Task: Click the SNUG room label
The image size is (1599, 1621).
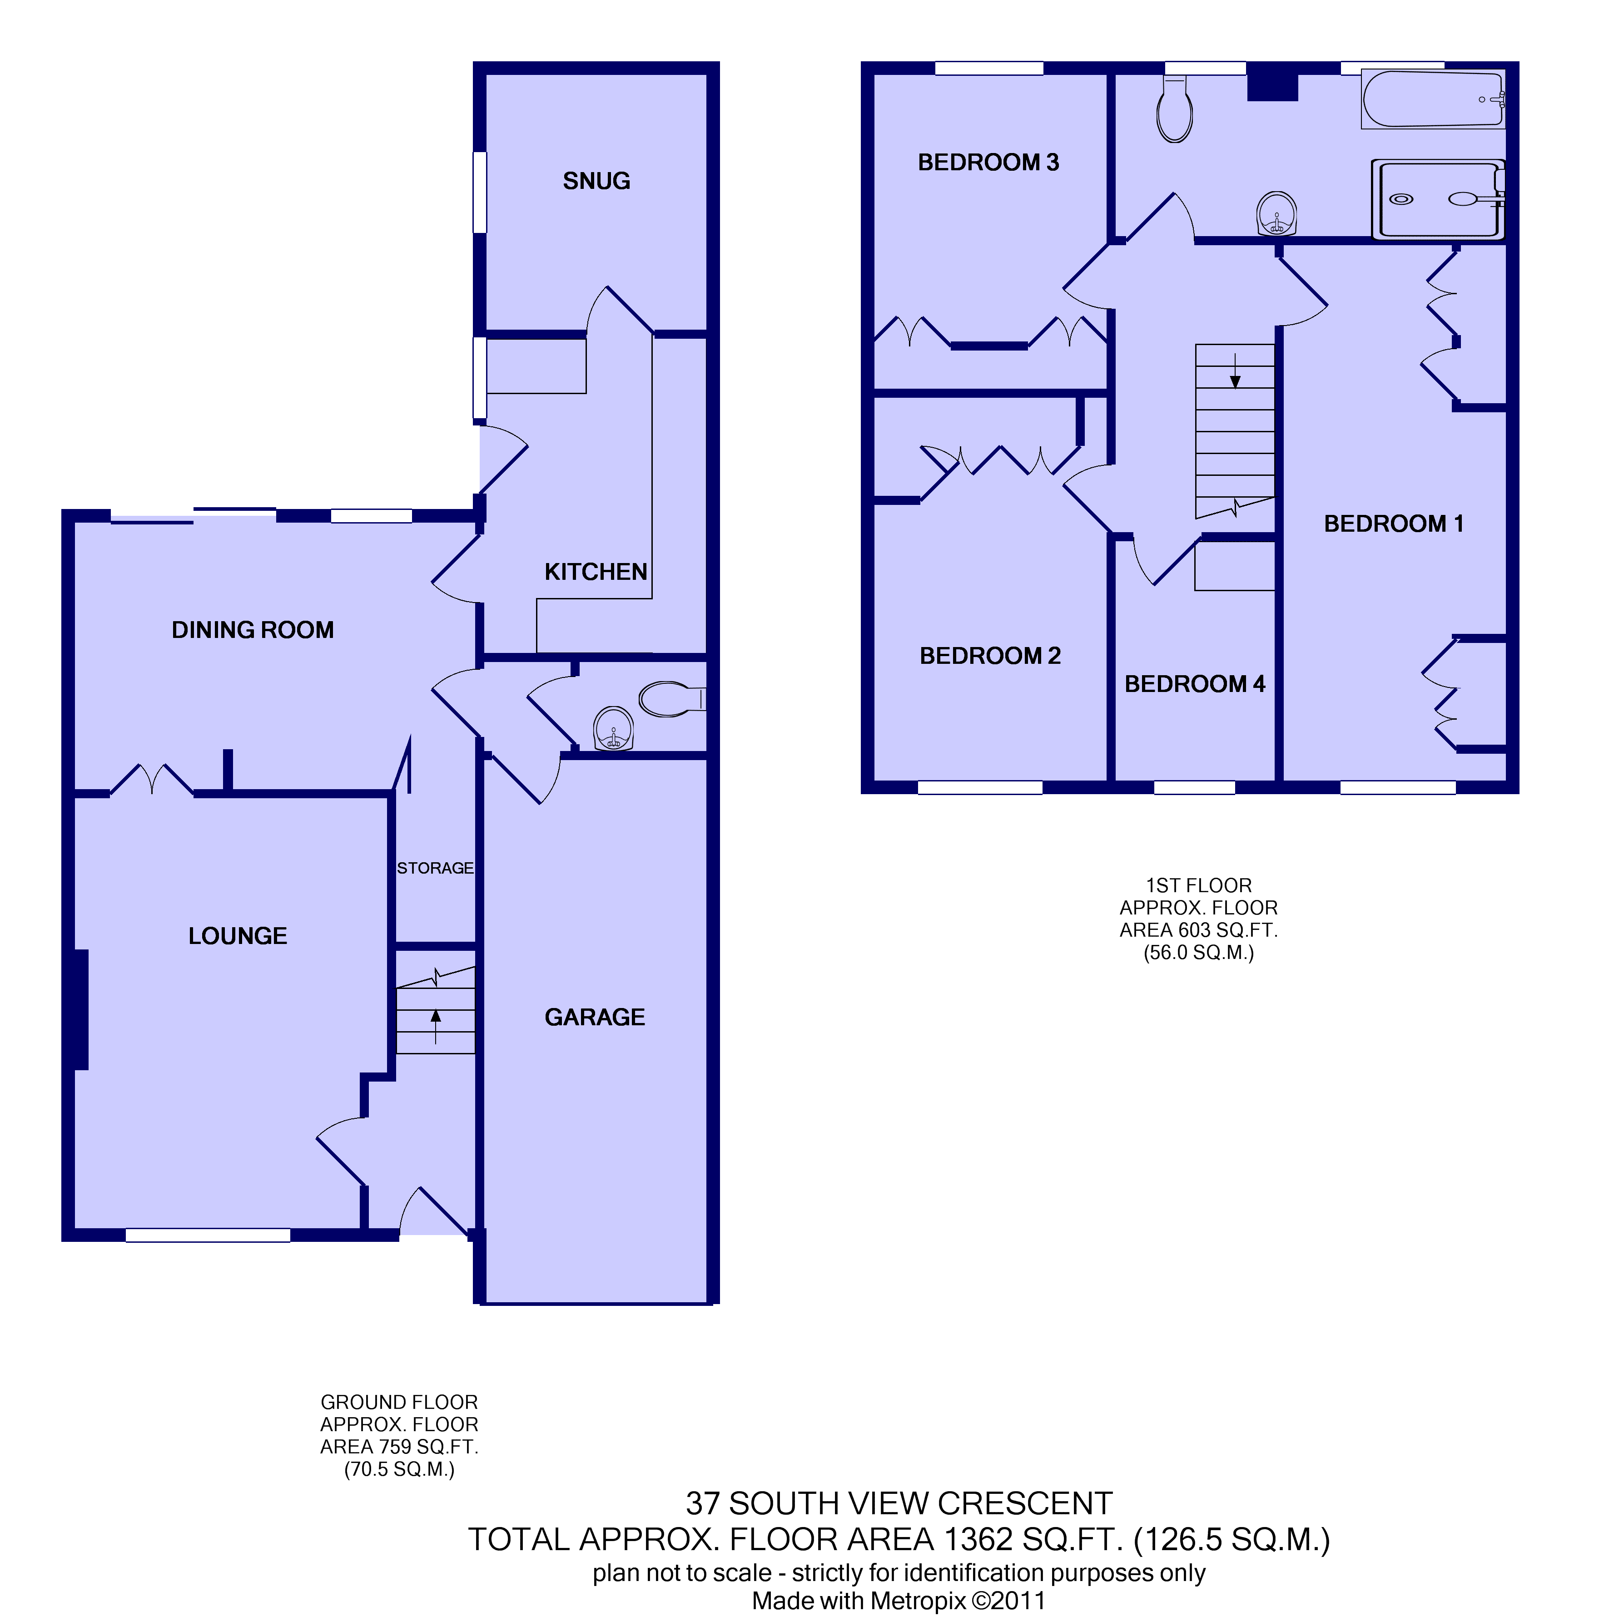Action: point(596,181)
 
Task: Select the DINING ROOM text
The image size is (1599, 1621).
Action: point(253,630)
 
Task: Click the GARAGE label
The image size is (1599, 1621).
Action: point(595,1017)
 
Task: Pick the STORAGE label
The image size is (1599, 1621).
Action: point(435,868)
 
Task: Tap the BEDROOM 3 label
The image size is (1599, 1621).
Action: point(988,163)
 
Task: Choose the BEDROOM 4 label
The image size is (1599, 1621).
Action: point(1194,685)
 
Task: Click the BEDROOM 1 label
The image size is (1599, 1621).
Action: point(1393,524)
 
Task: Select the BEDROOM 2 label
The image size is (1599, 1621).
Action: point(990,656)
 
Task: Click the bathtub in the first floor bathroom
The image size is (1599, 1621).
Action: point(1433,99)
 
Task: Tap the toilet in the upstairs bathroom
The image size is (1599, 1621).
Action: point(1174,109)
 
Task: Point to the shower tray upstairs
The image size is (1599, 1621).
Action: point(1438,200)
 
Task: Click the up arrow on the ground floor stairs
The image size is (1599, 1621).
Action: point(436,1026)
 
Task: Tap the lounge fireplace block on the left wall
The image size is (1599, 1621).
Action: point(80,1009)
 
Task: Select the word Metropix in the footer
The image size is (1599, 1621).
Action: point(918,1601)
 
